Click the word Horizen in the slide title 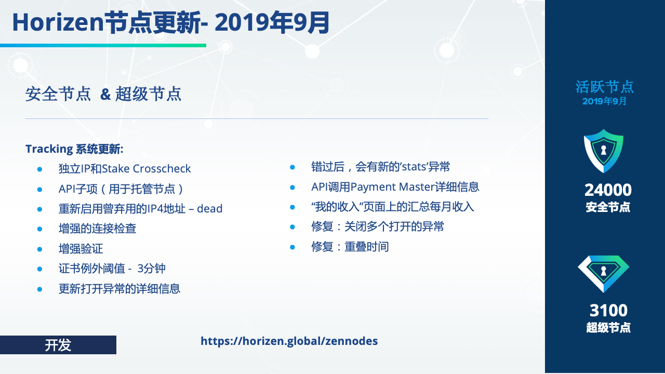click(58, 22)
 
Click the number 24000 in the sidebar click(608, 190)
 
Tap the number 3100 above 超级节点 click(608, 311)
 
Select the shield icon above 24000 click(604, 151)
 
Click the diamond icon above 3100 click(604, 274)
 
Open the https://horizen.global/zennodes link click(289, 341)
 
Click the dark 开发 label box click(58, 345)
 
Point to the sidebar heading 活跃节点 click(604, 87)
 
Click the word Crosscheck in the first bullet click(162, 169)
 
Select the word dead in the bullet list click(209, 209)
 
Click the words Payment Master click(392, 187)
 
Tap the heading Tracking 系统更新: click(74, 149)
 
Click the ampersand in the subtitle click(105, 94)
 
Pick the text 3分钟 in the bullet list click(151, 269)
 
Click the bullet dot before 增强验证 click(40, 249)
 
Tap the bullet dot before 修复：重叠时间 click(292, 247)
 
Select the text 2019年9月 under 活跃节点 click(604, 101)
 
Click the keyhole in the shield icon click(604, 150)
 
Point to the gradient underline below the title click(103, 45)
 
